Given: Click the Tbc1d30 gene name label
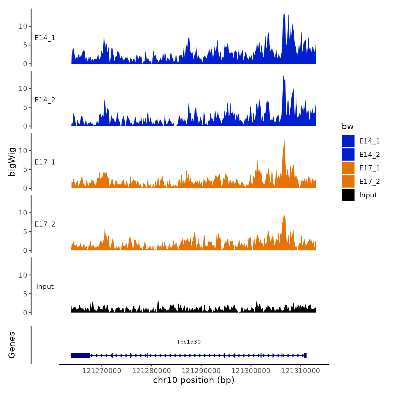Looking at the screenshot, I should [x=189, y=342].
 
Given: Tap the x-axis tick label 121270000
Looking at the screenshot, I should [x=102, y=371].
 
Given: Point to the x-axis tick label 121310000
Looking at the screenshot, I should [x=300, y=371].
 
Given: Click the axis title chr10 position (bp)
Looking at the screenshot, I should [x=194, y=380].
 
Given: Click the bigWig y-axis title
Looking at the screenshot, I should [x=12, y=162].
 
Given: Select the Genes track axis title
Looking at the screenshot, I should [x=12, y=345].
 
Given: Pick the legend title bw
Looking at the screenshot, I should [x=348, y=126].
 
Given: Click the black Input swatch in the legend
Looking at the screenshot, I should [x=348, y=195].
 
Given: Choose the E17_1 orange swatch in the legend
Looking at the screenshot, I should [x=348, y=168].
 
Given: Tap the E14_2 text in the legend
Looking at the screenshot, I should [x=369, y=154].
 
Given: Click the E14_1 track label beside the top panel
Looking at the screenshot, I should [x=45, y=38].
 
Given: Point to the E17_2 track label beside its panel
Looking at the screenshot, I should [x=45, y=224].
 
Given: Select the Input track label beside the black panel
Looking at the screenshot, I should [x=45, y=287].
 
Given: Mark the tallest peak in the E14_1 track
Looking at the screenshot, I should [x=285, y=12].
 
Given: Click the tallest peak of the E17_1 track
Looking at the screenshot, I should [x=284, y=140].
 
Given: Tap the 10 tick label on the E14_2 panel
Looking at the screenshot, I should [x=23, y=88].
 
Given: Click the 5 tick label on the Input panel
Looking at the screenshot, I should [x=25, y=294].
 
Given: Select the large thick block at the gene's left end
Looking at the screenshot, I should [x=81, y=355].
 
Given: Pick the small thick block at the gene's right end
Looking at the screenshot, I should [x=305, y=355].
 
